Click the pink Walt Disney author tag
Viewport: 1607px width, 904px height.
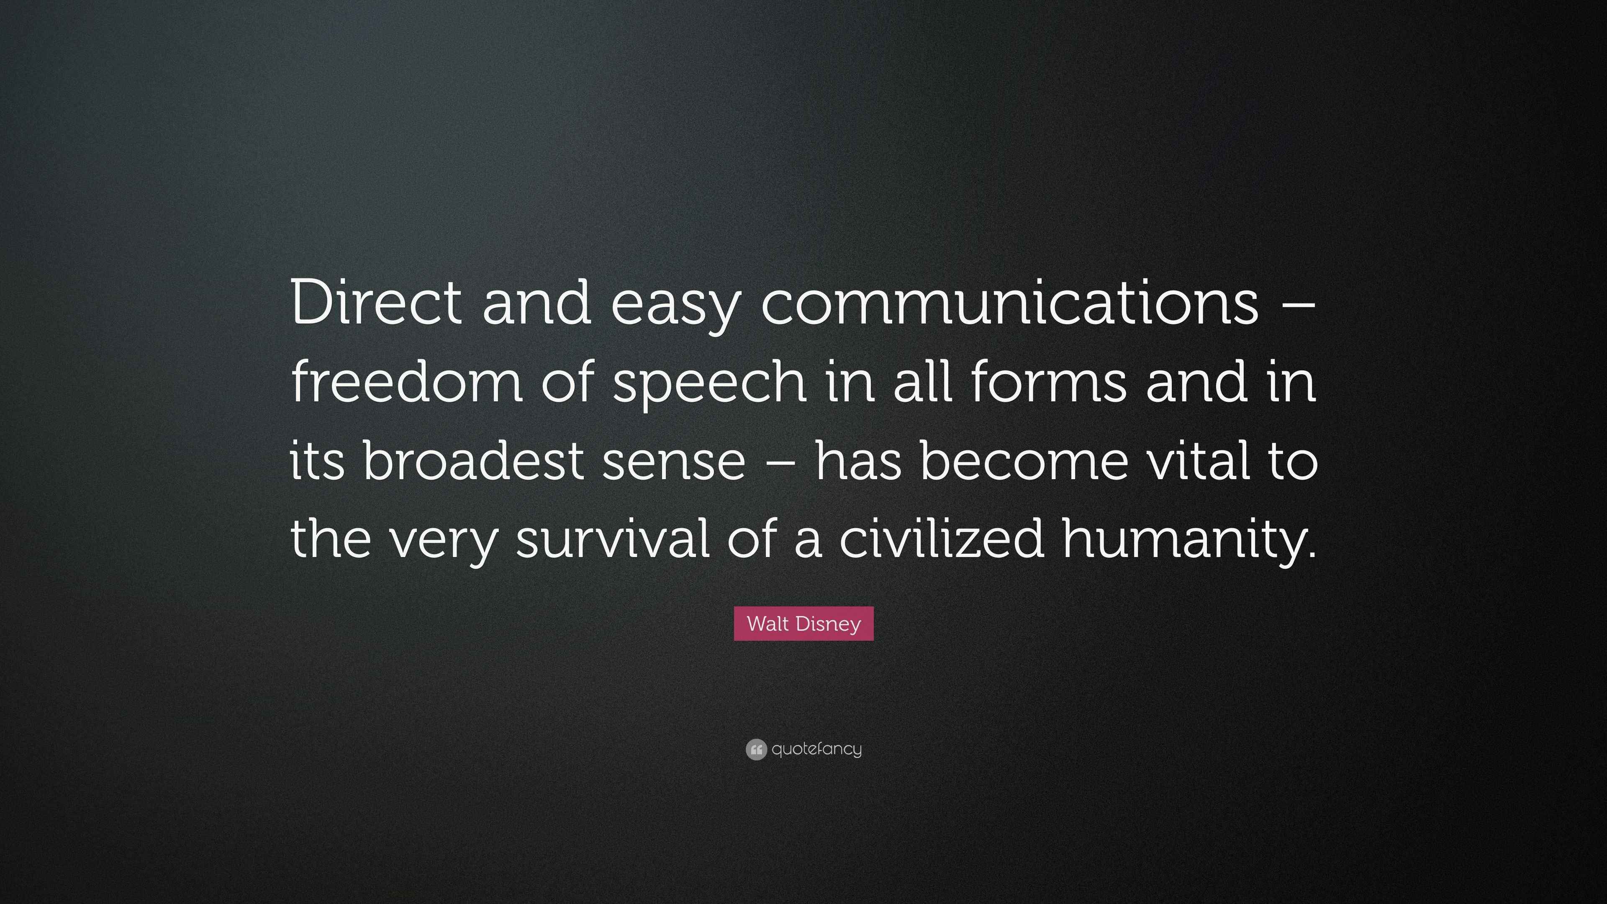(803, 623)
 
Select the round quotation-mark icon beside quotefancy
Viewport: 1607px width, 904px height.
(755, 749)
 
